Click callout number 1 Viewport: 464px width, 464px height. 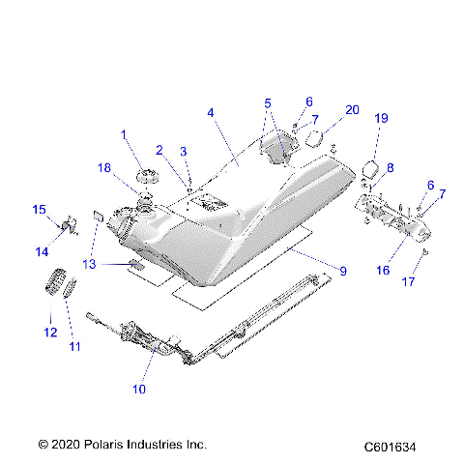pos(124,133)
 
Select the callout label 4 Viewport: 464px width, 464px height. pos(210,112)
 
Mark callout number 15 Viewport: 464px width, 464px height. pos(40,210)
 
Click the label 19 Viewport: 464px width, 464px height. pos(381,118)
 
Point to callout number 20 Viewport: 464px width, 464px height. pos(352,109)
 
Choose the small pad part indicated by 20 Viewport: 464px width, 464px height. pos(313,137)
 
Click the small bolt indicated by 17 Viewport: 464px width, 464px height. pos(425,253)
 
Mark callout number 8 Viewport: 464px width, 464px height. pos(390,168)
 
